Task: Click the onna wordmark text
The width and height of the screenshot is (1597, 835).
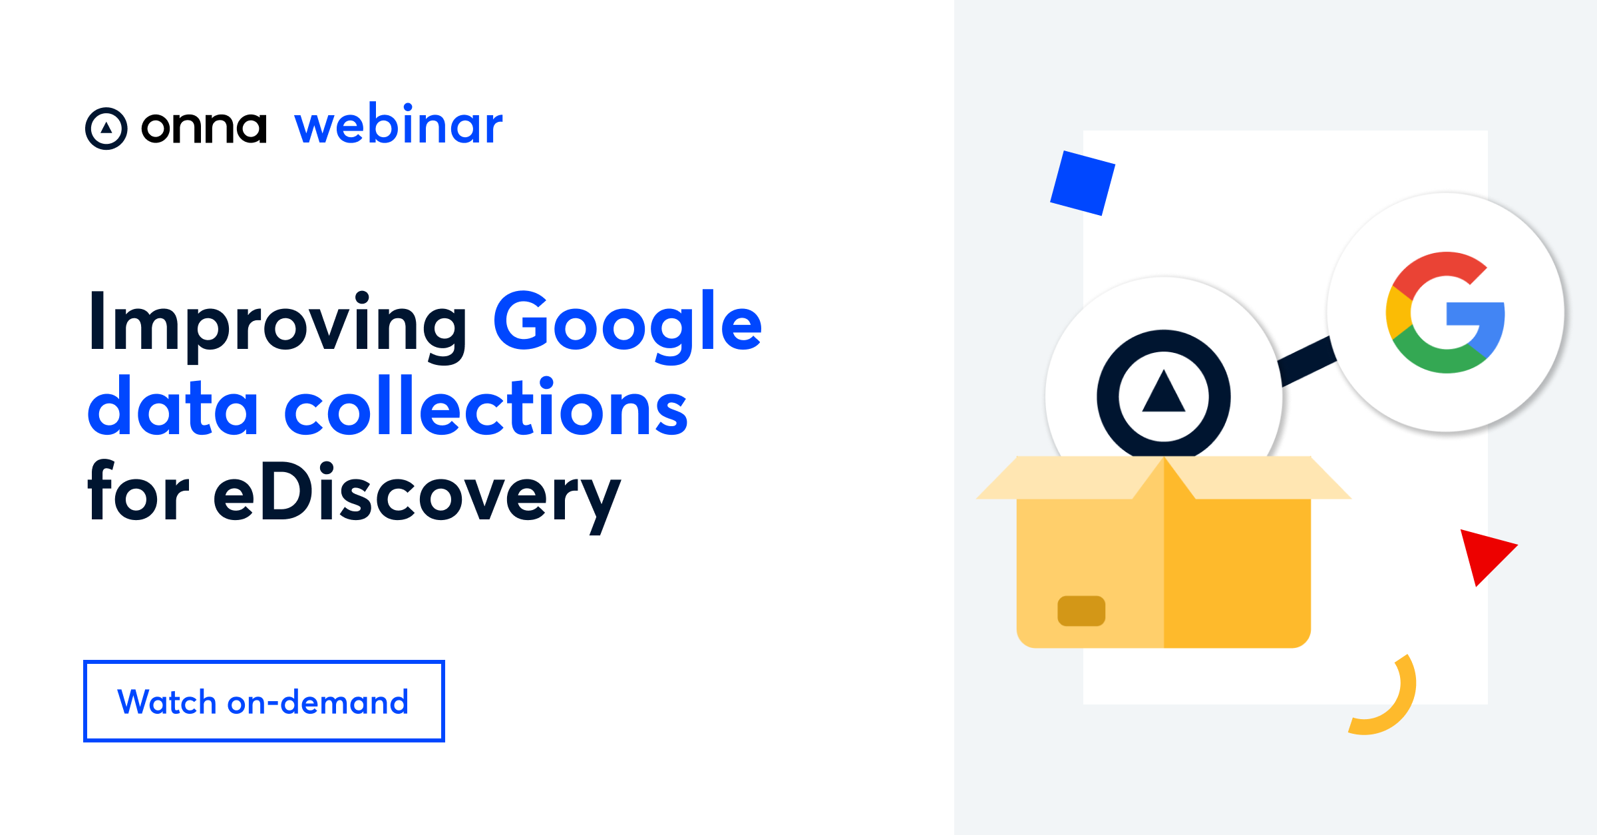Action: click(204, 127)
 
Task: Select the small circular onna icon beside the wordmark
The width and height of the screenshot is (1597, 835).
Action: click(106, 128)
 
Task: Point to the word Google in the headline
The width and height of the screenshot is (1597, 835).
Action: click(627, 324)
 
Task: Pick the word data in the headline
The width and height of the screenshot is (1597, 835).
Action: click(172, 408)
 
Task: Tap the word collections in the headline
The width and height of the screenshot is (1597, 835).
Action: click(486, 408)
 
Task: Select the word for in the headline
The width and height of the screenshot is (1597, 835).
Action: click(138, 493)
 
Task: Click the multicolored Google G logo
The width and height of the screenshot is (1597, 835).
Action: click(1445, 312)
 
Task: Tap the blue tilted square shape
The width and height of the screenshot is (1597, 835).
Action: click(1082, 183)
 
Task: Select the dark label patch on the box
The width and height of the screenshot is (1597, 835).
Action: click(1081, 611)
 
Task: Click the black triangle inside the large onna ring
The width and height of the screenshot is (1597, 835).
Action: click(1163, 392)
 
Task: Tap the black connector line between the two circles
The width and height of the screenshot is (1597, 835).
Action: click(1307, 362)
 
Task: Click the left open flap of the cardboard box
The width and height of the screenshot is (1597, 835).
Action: click(1065, 478)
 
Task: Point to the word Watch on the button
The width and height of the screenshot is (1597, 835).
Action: click(166, 702)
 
